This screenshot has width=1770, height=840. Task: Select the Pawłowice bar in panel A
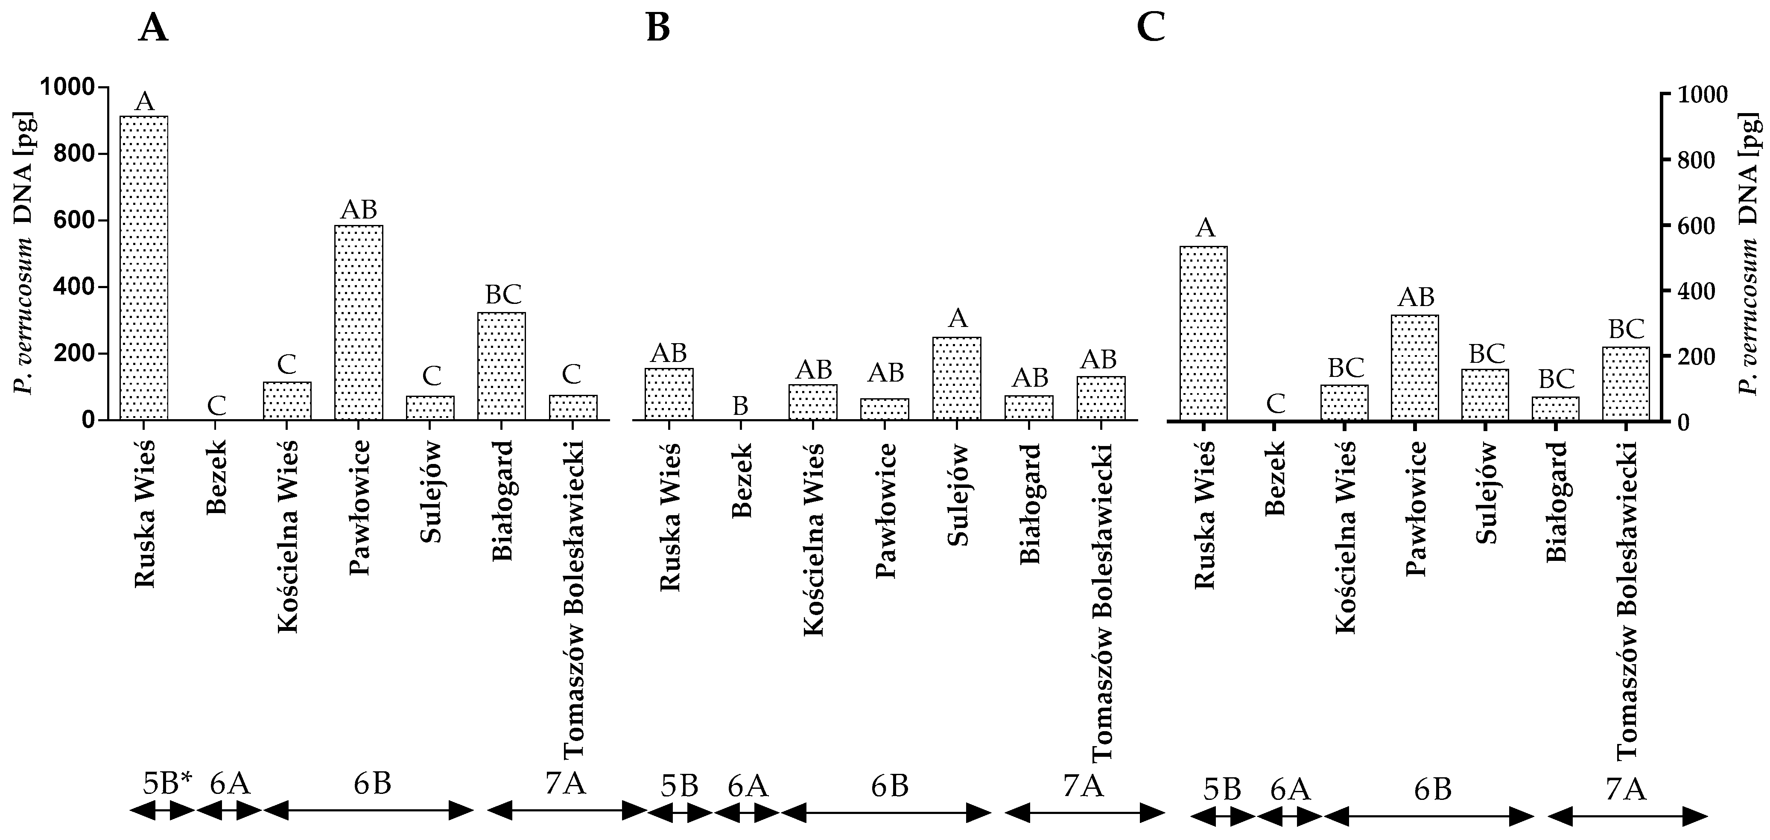pos(359,322)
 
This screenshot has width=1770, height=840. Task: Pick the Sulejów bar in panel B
pos(956,378)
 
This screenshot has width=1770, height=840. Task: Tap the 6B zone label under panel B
pos(890,786)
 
